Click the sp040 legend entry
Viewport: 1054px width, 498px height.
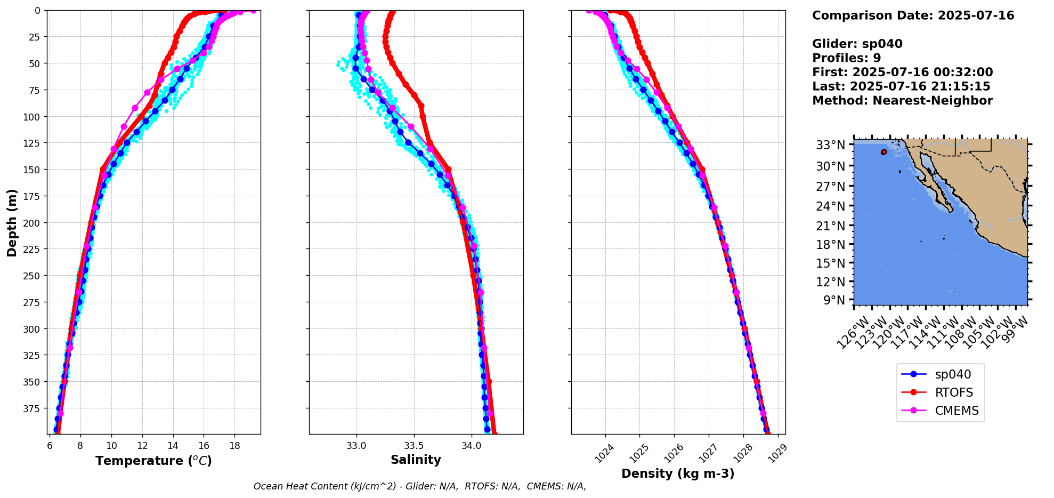(x=952, y=375)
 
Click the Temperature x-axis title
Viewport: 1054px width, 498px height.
(x=153, y=461)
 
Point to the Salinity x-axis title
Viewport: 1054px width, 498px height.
(x=416, y=460)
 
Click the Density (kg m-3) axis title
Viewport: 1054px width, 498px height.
(x=678, y=473)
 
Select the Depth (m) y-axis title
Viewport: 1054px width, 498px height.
(x=12, y=222)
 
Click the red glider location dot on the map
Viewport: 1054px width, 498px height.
(x=884, y=152)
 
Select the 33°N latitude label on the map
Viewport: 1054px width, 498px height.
(x=831, y=145)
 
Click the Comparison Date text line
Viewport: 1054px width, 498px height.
(x=913, y=15)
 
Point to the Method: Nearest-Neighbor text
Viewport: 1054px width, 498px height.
(x=902, y=101)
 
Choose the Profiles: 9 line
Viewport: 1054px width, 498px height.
(x=846, y=58)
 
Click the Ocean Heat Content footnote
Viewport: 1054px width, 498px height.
(x=419, y=486)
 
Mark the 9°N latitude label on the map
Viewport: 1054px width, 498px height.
(x=834, y=300)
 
